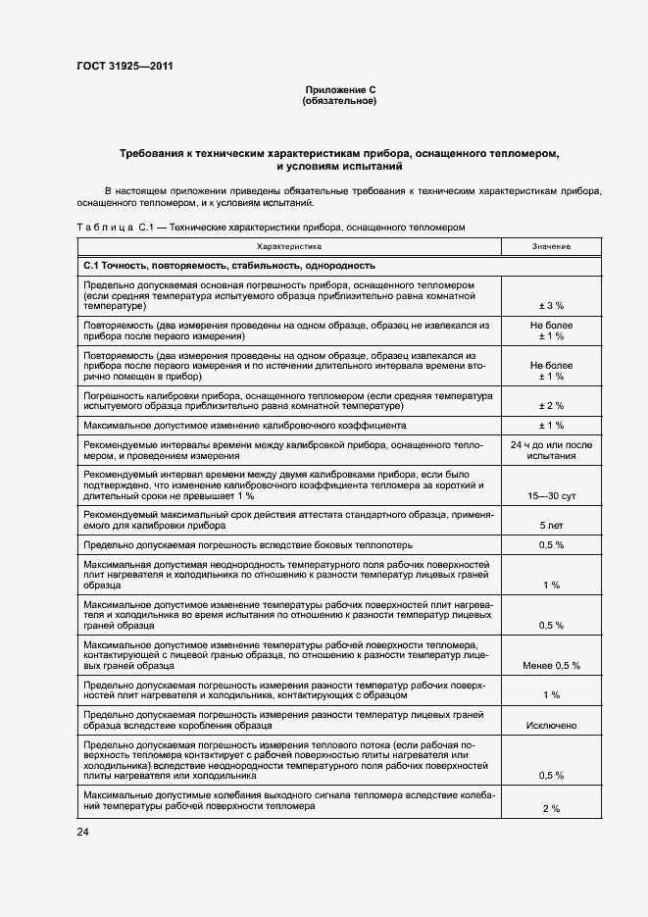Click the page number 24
(x=81, y=832)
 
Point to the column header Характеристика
(x=289, y=247)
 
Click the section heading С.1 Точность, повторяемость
(x=229, y=266)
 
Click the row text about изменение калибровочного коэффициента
(x=245, y=425)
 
